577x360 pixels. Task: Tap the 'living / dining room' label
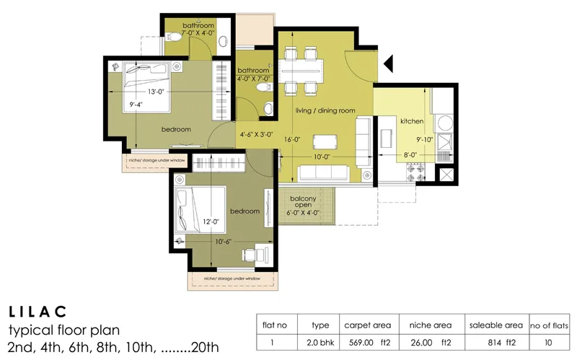tap(325, 110)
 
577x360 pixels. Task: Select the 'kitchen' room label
tap(412, 121)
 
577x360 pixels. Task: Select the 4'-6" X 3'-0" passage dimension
tap(256, 134)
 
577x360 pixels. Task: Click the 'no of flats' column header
tap(550, 325)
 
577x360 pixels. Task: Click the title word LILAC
tap(38, 312)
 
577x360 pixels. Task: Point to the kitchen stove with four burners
tap(418, 173)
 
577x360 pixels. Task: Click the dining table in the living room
tap(300, 71)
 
